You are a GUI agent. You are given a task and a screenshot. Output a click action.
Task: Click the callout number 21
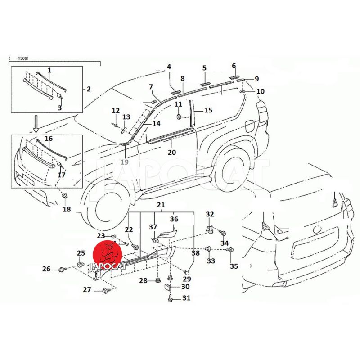click(x=161, y=205)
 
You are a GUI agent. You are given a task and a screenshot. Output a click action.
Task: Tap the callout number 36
click(x=174, y=220)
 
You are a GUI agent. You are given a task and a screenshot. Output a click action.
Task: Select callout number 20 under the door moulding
click(x=172, y=152)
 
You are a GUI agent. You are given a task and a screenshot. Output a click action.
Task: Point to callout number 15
click(x=208, y=110)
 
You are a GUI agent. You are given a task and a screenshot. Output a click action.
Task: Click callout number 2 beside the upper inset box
click(x=89, y=89)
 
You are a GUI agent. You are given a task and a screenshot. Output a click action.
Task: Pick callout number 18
click(x=67, y=209)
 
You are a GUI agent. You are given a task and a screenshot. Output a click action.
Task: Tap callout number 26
click(x=47, y=269)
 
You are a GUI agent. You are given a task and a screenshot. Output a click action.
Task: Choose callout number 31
click(x=186, y=298)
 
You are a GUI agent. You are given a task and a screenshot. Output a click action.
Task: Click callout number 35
click(x=234, y=266)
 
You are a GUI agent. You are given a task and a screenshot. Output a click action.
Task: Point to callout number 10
click(x=261, y=91)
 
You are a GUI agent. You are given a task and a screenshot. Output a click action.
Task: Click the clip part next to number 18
click(x=64, y=195)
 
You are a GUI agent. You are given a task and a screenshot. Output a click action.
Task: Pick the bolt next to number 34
click(x=223, y=232)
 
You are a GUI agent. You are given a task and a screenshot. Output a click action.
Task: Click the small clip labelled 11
click(x=179, y=117)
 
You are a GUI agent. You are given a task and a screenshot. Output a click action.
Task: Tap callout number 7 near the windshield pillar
click(x=151, y=87)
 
